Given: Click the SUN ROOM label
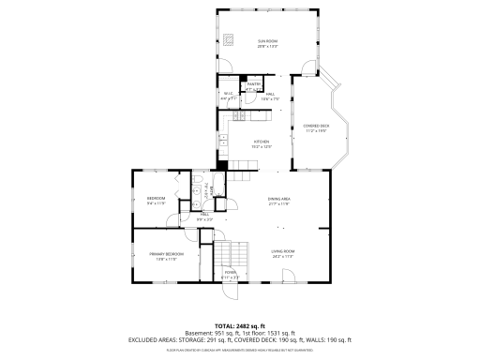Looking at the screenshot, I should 268,41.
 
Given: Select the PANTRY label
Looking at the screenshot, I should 253,84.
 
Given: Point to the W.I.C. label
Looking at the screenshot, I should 228,93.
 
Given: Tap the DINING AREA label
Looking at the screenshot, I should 278,199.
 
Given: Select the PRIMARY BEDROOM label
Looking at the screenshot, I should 166,254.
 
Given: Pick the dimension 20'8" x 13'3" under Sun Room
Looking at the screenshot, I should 268,46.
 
